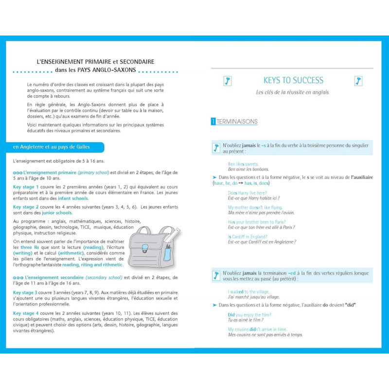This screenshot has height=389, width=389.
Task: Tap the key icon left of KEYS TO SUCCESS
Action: [227, 81]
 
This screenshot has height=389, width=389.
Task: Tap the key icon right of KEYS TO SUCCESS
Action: [358, 81]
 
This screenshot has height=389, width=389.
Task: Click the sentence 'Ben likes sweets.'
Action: [243, 164]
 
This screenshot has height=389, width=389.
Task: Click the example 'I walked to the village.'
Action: [248, 292]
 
